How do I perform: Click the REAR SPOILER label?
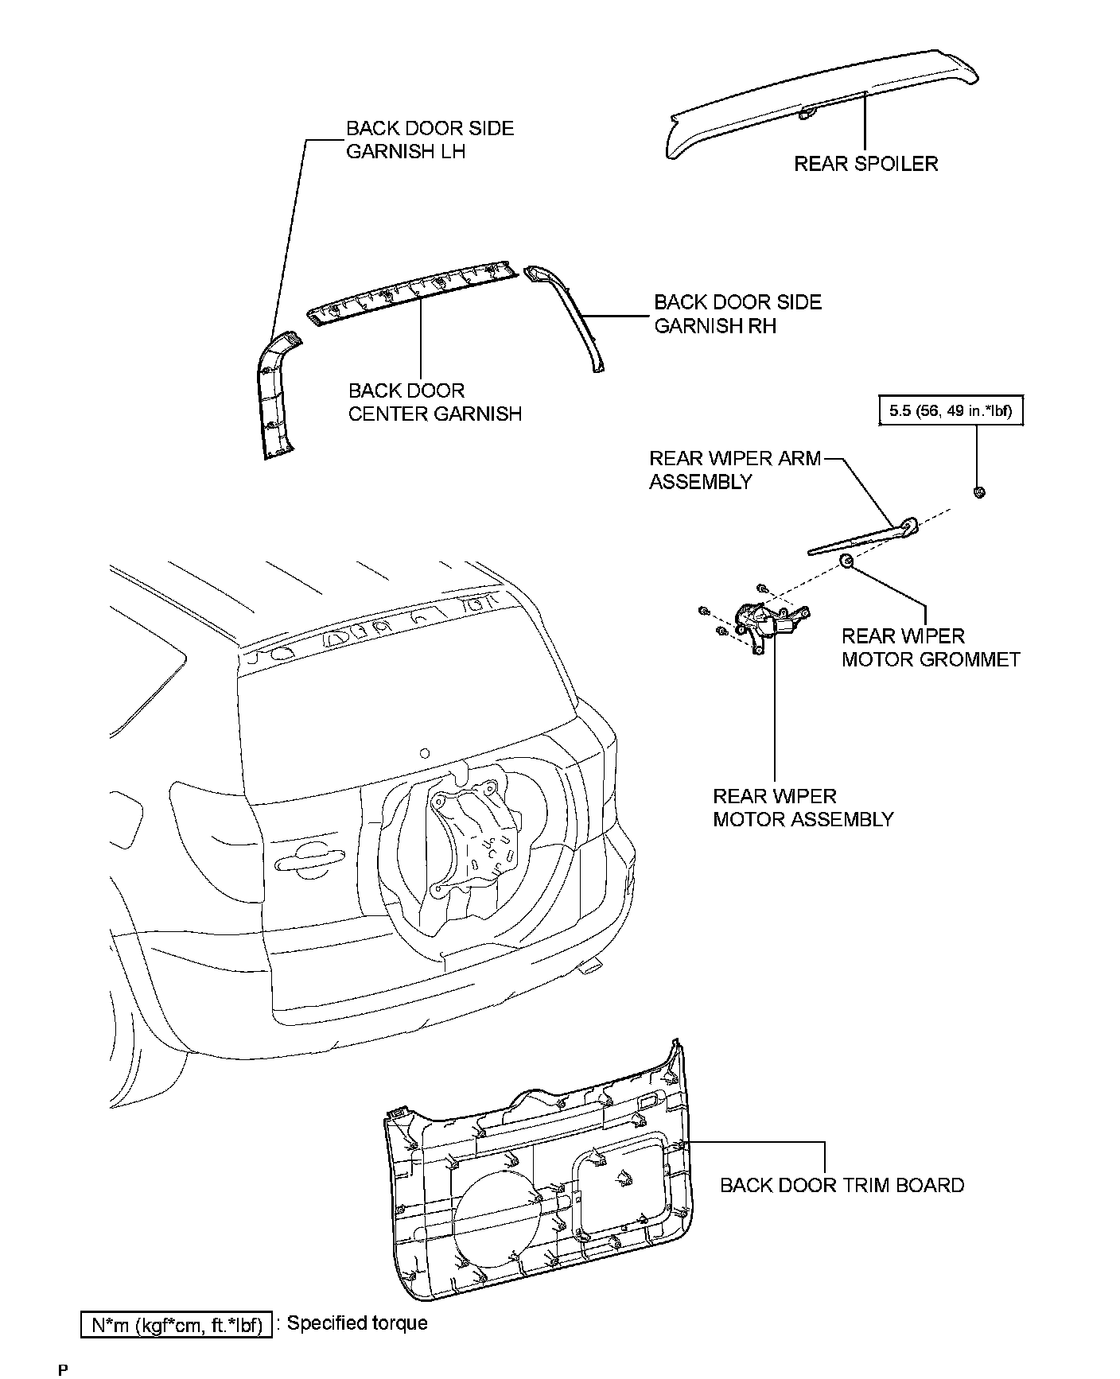[x=865, y=164]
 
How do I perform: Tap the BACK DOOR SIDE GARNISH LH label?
[x=430, y=140]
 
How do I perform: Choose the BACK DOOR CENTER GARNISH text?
[x=434, y=402]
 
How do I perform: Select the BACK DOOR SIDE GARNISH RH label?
[x=737, y=314]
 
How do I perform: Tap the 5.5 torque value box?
[x=950, y=410]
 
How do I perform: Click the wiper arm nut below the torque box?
[x=979, y=492]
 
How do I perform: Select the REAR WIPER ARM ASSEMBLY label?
[x=734, y=470]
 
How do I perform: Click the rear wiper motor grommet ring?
[x=847, y=562]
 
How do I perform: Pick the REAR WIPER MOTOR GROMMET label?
[x=930, y=647]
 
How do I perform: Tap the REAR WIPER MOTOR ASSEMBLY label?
[x=803, y=807]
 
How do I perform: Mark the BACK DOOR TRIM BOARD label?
[x=842, y=1185]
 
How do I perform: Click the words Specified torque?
[x=357, y=1323]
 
